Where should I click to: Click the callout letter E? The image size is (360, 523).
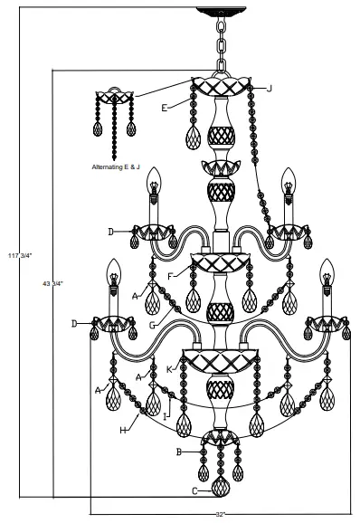(x=165, y=108)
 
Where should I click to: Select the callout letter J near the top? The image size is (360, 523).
(x=269, y=88)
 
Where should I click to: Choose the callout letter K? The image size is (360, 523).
(x=169, y=369)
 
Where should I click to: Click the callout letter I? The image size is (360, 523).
(x=165, y=418)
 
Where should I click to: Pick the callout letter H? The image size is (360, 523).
(x=122, y=431)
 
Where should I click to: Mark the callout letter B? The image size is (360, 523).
(x=180, y=451)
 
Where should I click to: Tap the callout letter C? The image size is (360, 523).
(x=194, y=491)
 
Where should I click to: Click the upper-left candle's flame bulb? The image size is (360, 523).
(x=153, y=174)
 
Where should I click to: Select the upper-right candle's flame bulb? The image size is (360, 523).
(x=288, y=174)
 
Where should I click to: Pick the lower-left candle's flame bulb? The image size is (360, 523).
(x=113, y=264)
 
